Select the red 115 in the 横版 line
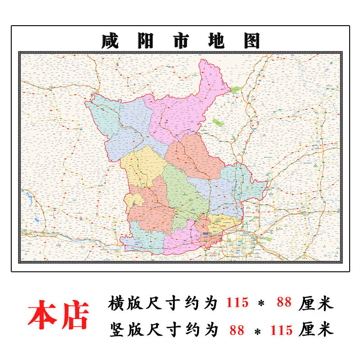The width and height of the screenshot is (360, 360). (237, 303)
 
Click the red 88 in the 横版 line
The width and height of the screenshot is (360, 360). (285, 303)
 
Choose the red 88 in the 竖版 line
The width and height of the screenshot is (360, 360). (237, 330)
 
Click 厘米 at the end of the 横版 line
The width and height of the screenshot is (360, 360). (315, 303)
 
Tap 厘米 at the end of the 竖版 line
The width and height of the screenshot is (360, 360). (315, 330)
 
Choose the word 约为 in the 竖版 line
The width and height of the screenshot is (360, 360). (201, 330)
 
